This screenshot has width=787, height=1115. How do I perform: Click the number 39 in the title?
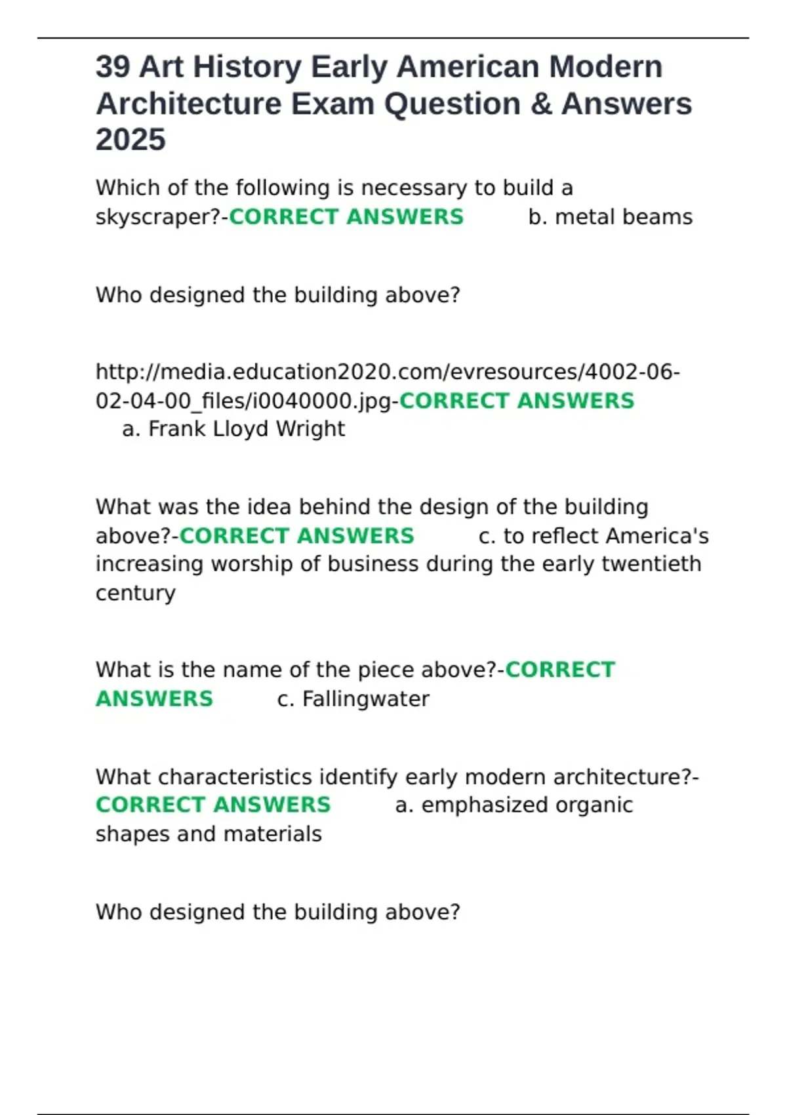point(113,67)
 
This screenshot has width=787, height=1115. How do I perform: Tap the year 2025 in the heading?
point(131,140)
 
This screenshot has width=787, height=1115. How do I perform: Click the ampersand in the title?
point(542,104)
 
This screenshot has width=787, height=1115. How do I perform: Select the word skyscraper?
point(158,217)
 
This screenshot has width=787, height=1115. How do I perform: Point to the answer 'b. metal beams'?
point(610,217)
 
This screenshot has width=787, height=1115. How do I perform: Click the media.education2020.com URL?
point(387,373)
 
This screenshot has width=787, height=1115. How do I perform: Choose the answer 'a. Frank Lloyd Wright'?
point(233,429)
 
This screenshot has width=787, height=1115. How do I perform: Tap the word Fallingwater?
point(365,699)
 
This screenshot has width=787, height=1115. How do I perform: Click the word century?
point(136,593)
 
